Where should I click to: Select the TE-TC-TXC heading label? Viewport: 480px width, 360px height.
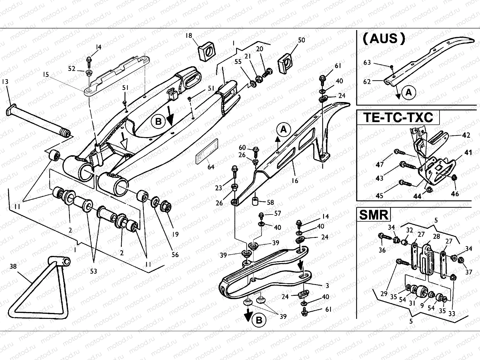click(398, 117)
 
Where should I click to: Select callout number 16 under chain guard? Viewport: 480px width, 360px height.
click(295, 180)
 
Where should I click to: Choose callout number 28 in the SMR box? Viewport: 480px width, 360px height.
click(436, 236)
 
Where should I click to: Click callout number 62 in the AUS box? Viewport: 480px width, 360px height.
click(367, 81)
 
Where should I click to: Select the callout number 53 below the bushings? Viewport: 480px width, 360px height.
click(94, 271)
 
